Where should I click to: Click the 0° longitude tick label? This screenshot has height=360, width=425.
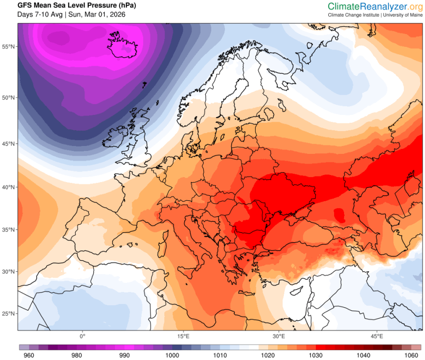click(82, 337)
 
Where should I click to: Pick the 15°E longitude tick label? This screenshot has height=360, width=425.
click(184, 337)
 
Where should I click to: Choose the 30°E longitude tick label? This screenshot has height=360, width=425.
click(279, 337)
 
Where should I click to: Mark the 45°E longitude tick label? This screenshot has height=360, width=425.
click(377, 337)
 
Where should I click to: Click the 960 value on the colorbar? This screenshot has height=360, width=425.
click(29, 355)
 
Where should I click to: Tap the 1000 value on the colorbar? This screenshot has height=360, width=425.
click(172, 355)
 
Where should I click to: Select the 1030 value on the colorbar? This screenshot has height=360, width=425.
click(316, 355)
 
